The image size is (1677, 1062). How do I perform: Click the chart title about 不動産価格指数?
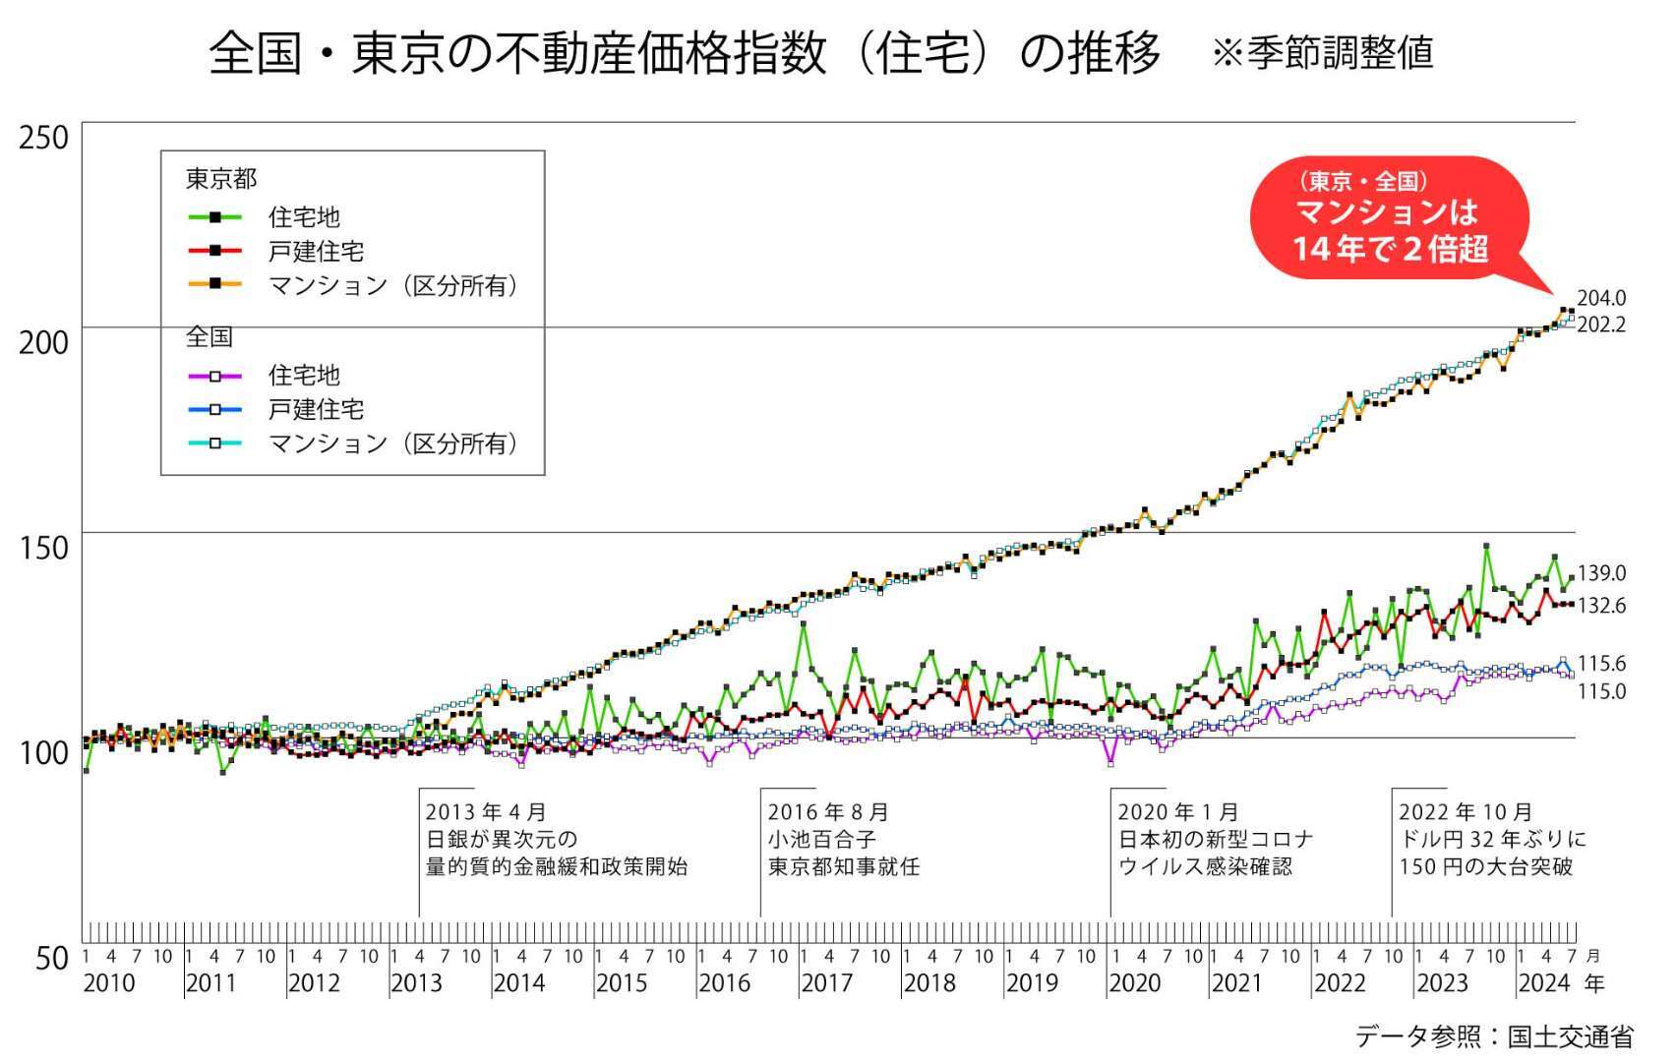point(685,52)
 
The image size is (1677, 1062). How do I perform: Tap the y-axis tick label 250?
point(44,138)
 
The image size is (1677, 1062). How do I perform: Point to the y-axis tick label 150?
point(44,548)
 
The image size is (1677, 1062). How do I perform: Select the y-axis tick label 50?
point(51,958)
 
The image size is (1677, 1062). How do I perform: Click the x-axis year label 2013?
point(416,982)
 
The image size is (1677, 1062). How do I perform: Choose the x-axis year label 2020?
point(1134,982)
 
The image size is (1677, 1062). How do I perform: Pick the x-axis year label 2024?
point(1544,982)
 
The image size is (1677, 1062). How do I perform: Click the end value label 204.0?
point(1601,298)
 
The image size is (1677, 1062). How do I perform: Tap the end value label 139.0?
point(1601,573)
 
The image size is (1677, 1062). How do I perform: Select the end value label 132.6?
point(1601,606)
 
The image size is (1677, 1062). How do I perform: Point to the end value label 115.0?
point(1601,691)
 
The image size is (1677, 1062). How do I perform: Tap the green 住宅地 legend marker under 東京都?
point(215,217)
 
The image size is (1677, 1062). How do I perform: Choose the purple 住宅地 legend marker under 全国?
point(215,376)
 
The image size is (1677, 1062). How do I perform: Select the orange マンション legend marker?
point(215,285)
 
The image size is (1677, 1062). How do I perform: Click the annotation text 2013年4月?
point(486,812)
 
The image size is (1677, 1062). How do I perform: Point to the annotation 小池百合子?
point(821,840)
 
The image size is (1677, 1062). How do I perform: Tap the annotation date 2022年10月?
point(1465,812)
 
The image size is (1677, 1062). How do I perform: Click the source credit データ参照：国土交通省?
point(1494,1035)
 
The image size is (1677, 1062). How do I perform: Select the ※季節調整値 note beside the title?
point(1322,53)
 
